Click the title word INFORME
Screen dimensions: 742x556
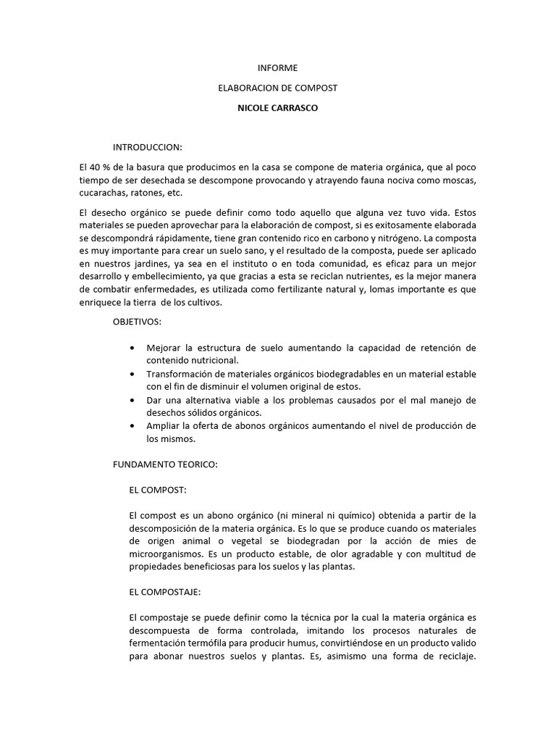(278, 68)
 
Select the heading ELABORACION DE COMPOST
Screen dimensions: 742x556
(278, 88)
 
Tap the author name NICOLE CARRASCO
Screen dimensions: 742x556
(278, 107)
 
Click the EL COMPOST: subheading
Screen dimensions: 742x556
(158, 490)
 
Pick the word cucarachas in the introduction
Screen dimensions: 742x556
(101, 193)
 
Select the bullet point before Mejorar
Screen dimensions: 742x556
(131, 349)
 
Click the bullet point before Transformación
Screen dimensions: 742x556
(131, 374)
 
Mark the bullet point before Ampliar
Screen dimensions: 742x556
(131, 426)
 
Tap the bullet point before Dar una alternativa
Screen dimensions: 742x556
(131, 400)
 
